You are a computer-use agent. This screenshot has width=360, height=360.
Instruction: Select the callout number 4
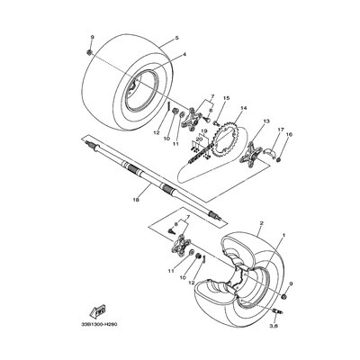(184, 56)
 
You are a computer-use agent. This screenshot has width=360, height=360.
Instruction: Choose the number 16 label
(290, 135)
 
